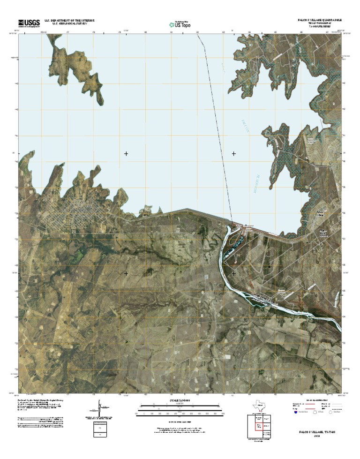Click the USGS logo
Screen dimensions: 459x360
point(29,22)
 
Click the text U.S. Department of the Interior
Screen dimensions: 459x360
point(70,21)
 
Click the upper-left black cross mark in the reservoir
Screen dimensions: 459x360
point(126,153)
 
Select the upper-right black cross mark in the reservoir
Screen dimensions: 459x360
point(233,153)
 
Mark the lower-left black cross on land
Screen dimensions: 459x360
point(126,273)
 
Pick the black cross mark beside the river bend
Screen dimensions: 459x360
point(233,273)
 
